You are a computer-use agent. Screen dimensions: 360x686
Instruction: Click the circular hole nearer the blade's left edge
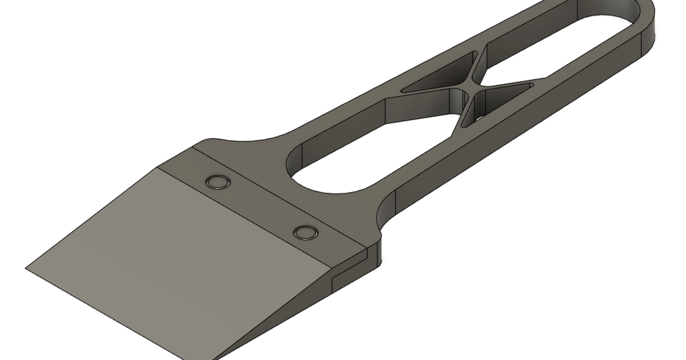(x=217, y=182)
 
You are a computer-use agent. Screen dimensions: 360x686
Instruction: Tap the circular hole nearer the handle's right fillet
(x=305, y=232)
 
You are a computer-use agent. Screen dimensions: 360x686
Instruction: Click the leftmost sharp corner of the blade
(x=26, y=267)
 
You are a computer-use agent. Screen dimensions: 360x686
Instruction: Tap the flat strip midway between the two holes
(x=261, y=207)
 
